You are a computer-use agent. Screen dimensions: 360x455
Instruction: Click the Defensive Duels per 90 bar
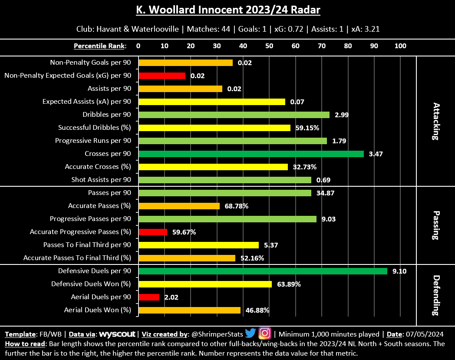click(x=262, y=271)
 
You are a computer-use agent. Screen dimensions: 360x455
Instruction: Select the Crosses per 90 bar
click(x=251, y=154)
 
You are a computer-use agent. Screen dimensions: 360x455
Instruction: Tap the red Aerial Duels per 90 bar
click(x=148, y=297)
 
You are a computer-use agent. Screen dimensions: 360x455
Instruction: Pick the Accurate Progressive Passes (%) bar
click(x=152, y=232)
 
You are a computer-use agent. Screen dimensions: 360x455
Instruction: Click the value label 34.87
click(x=325, y=193)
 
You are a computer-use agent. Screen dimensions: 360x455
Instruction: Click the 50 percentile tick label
click(x=269, y=46)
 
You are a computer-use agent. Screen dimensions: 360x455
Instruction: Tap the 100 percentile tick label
click(x=400, y=46)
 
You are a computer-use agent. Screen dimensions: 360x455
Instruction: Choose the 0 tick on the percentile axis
click(x=138, y=46)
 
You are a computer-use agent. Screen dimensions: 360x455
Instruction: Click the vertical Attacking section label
click(x=436, y=121)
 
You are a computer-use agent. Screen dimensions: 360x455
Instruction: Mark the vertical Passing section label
click(x=436, y=225)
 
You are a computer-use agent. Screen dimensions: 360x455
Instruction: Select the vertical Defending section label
click(x=436, y=295)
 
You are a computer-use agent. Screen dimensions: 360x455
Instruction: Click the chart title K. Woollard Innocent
click(x=227, y=10)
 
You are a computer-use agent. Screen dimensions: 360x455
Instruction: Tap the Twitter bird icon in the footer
click(x=250, y=334)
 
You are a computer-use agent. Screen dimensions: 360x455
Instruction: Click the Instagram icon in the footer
click(x=264, y=334)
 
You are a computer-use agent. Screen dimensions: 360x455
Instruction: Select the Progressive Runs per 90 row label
click(x=93, y=141)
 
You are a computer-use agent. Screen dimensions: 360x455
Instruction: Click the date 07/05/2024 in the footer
click(x=425, y=334)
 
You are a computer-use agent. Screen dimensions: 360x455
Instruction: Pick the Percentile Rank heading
click(x=100, y=46)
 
